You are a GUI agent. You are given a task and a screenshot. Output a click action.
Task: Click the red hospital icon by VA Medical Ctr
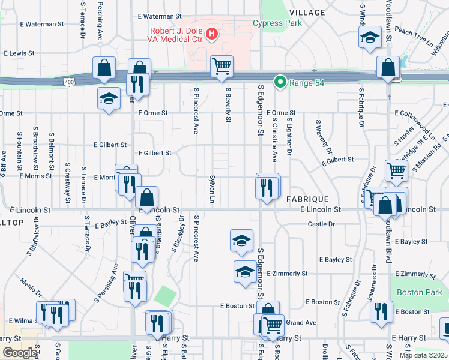pyautogui.click(x=212, y=34)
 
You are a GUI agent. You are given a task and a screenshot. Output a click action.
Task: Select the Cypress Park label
pyautogui.click(x=277, y=23)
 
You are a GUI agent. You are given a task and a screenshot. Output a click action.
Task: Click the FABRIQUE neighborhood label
pyautogui.click(x=307, y=199)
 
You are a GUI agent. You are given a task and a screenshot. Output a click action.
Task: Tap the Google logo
pyautogui.click(x=20, y=353)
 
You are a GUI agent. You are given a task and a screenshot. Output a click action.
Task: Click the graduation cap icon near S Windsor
pyautogui.click(x=370, y=37)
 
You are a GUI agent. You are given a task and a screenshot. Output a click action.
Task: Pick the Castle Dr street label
pyautogui.click(x=321, y=224)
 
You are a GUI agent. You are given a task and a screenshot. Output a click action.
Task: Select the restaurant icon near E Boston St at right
pyautogui.click(x=381, y=312)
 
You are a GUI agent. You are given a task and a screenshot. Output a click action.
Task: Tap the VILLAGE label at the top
pyautogui.click(x=307, y=13)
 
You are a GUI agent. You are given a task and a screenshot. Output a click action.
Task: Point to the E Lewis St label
pyautogui.click(x=22, y=53)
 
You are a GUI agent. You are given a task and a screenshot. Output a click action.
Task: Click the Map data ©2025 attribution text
pyautogui.click(x=423, y=355)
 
